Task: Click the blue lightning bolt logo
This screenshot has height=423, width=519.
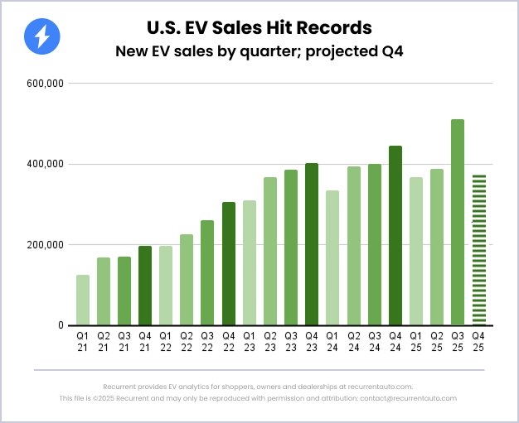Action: coord(42,36)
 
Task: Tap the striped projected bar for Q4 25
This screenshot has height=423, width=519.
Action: coord(478,249)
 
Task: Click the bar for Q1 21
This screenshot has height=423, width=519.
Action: coord(83,300)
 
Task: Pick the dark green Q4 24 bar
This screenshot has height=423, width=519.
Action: coord(395,235)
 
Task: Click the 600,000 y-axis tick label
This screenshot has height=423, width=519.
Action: coord(45,84)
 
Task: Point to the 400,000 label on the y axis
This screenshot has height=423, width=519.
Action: coord(45,164)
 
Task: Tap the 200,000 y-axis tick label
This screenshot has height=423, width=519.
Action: coord(45,245)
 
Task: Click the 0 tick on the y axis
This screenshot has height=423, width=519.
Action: coord(60,325)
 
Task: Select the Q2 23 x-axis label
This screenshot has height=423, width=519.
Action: coord(270,341)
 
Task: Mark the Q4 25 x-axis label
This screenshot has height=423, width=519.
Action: coord(478,341)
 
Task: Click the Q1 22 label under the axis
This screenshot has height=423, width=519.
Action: coord(166,341)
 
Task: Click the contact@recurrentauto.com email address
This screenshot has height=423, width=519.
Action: coord(407,398)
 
